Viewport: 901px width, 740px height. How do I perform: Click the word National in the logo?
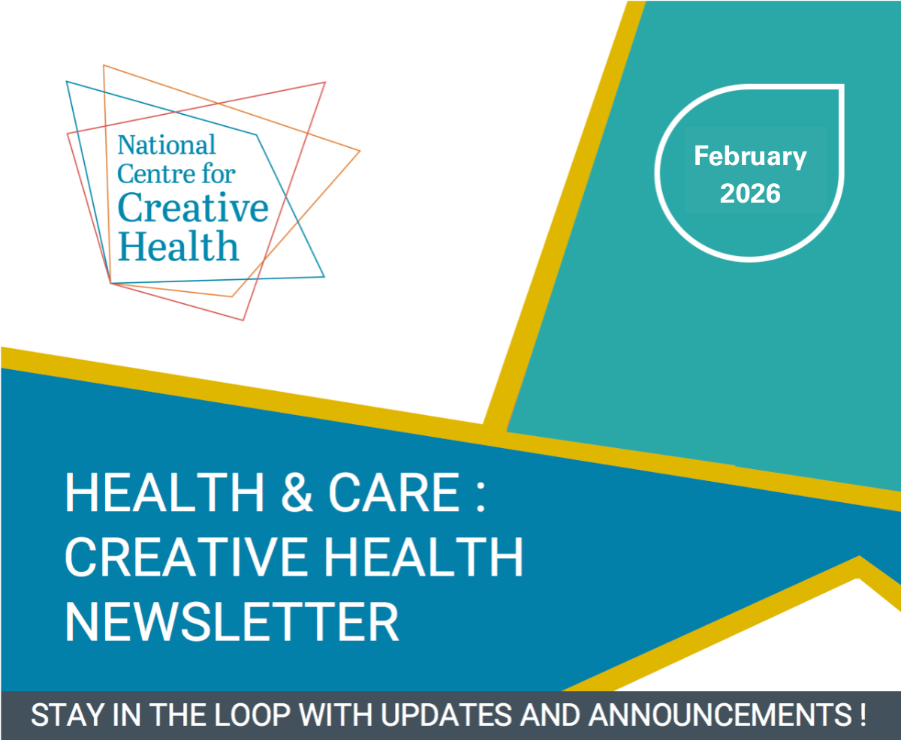(167, 145)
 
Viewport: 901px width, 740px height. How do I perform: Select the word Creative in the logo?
(193, 208)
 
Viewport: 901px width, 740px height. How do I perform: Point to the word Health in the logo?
(178, 245)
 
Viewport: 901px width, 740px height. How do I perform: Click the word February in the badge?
(750, 157)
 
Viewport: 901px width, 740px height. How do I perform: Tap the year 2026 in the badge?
(750, 194)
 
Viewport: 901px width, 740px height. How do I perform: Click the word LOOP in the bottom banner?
(252, 714)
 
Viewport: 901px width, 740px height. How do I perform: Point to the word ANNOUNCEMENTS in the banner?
(720, 714)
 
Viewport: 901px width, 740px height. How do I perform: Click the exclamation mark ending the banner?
(863, 714)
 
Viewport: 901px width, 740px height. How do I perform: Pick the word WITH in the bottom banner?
(336, 714)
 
